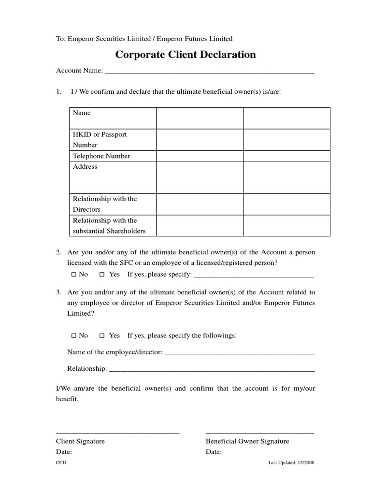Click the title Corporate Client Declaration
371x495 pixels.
[185, 55]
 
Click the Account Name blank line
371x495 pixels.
[209, 72]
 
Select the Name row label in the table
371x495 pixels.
[82, 113]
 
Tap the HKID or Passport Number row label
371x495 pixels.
[100, 139]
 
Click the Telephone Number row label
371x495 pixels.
[101, 156]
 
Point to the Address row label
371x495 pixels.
[85, 166]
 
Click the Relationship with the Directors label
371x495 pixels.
[104, 204]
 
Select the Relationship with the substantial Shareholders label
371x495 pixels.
[109, 225]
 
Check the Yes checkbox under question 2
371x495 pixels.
[102, 275]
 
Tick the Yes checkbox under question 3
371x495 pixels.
[102, 335]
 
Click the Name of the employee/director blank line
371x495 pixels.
[239, 353]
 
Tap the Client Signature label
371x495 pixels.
[80, 441]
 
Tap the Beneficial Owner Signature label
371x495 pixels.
[247, 441]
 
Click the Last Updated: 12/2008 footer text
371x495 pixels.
[291, 463]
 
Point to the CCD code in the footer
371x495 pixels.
[61, 463]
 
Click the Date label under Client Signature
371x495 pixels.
[64, 452]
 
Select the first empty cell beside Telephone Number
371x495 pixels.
[199, 156]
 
